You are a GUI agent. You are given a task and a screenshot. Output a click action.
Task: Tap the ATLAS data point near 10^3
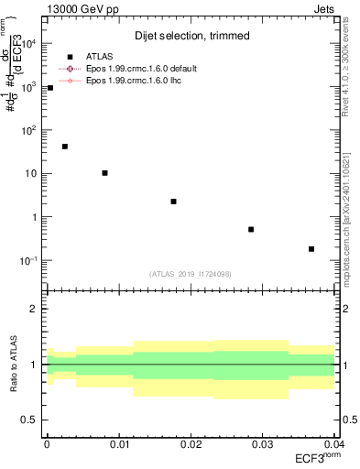(x=49, y=88)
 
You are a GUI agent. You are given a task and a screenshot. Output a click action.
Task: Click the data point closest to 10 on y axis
(x=105, y=172)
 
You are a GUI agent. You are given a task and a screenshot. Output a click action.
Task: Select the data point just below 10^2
(x=64, y=147)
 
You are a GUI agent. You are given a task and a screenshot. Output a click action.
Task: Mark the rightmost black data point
(x=311, y=248)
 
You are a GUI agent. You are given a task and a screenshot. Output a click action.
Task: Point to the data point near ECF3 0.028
(x=251, y=229)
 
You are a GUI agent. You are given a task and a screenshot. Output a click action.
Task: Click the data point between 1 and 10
(x=173, y=202)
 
